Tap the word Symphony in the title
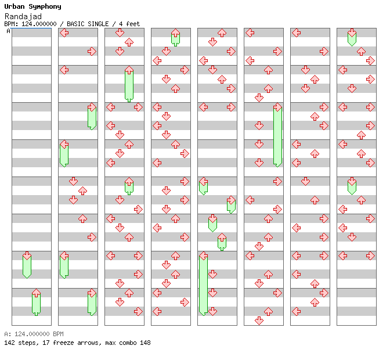coord(42,6)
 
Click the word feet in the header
coord(133,24)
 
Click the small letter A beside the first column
coord(8,31)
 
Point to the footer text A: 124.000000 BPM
coord(34,334)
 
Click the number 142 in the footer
coord(9,343)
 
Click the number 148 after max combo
coord(145,343)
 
